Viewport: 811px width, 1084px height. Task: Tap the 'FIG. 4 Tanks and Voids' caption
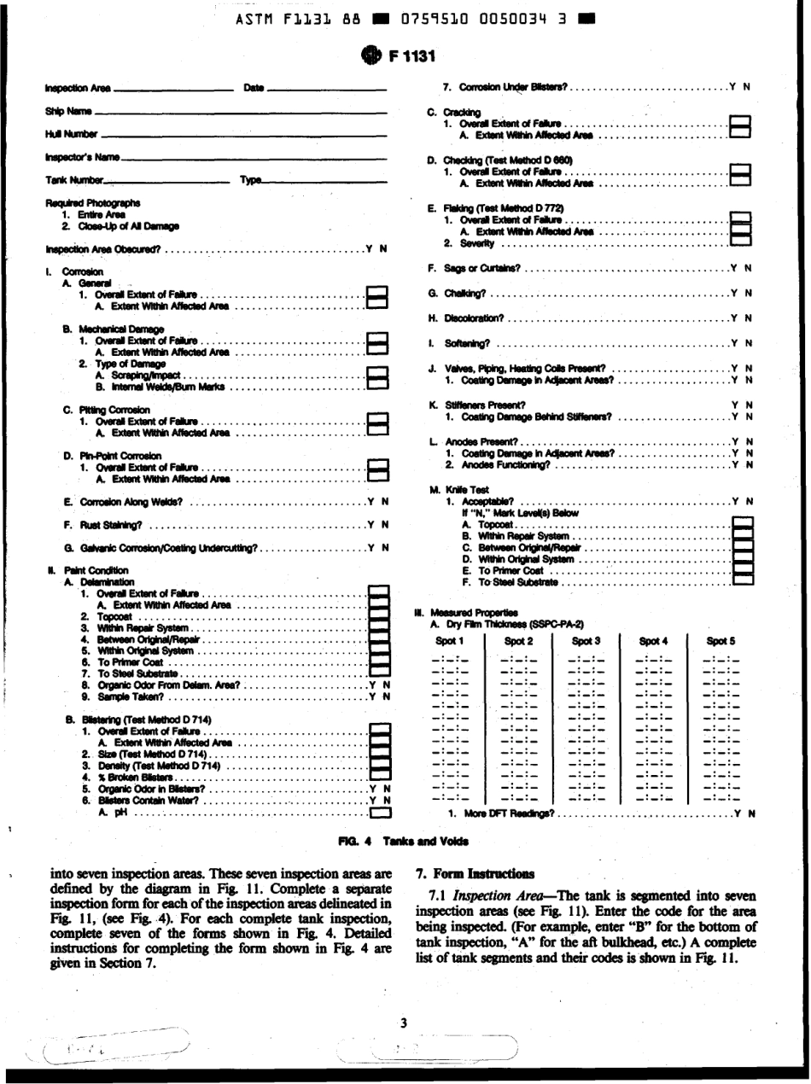click(x=405, y=841)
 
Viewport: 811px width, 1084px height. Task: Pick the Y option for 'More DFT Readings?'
click(x=735, y=812)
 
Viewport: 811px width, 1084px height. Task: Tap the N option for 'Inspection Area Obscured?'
click(x=383, y=249)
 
